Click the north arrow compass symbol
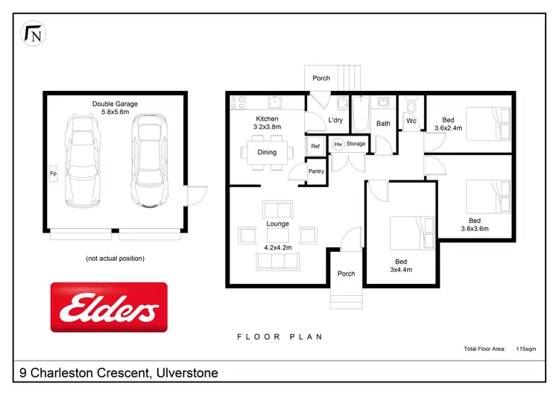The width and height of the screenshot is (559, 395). point(33,34)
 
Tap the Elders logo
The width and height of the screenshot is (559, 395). point(109,306)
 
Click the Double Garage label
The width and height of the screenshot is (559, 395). point(115,104)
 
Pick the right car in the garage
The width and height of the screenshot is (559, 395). point(148,161)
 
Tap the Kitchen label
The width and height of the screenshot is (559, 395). point(267,119)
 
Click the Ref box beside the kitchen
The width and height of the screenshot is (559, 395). point(315,146)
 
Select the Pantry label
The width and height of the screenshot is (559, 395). point(316,171)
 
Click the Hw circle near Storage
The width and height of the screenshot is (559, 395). point(338,144)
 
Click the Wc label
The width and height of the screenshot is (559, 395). point(411,121)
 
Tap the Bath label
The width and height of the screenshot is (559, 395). point(383,124)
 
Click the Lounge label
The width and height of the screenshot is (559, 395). point(277,224)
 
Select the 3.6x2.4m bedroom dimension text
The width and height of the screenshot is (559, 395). point(448,127)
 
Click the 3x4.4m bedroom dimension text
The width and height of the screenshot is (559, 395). point(402,270)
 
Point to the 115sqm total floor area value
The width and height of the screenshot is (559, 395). point(527,348)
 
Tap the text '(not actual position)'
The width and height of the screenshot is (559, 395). point(115,259)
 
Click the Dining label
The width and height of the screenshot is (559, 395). point(267,152)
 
